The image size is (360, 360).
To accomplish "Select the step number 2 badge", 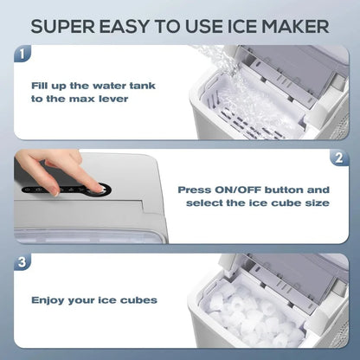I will click(x=339, y=158).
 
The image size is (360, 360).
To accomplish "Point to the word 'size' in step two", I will click(x=309, y=203).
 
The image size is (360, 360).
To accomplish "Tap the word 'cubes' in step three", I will click(x=138, y=300).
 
